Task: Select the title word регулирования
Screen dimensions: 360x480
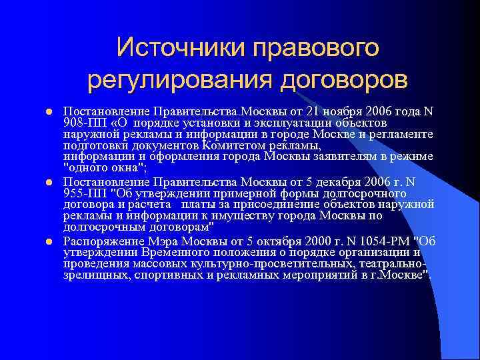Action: click(175, 80)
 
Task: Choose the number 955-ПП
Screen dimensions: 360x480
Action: click(83, 193)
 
